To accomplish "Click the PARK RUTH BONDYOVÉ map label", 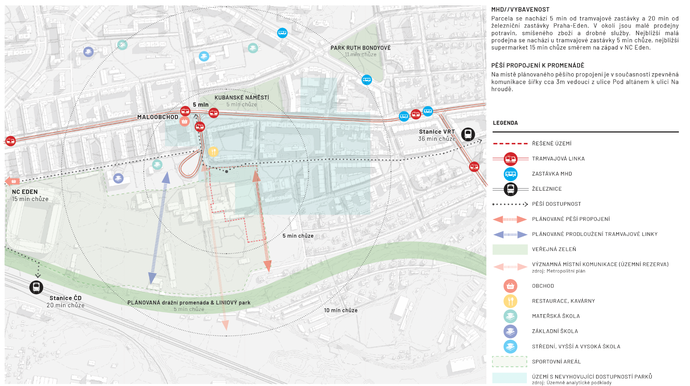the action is pos(360,48).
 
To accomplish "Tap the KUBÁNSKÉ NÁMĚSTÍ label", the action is pos(242,98).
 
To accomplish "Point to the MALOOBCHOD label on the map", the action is pos(158,117).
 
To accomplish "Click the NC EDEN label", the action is pos(25,192).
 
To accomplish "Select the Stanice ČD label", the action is pos(65,298).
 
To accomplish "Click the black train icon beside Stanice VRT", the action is pos(468,134).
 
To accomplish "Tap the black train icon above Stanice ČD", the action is pos(36,287).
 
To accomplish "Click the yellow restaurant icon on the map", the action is pos(213,152).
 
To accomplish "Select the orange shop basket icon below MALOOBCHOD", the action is pos(184,121).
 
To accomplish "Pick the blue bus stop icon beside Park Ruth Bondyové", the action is pos(367,80).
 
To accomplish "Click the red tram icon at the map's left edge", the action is pos(10,141).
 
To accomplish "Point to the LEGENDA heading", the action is pos(505,123).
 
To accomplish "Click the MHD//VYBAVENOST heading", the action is pos(520,10).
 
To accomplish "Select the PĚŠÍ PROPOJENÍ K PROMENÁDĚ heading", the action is pos(538,65).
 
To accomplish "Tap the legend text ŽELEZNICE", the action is pos(547,189).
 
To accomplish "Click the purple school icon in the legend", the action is pos(510,331).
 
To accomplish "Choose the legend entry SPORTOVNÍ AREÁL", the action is pos(556,362).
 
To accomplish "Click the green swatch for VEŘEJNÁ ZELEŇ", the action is pos(510,250).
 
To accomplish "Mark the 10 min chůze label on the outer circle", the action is pos(341,310).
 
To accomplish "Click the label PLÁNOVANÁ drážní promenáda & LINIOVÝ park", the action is pos(189,303).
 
